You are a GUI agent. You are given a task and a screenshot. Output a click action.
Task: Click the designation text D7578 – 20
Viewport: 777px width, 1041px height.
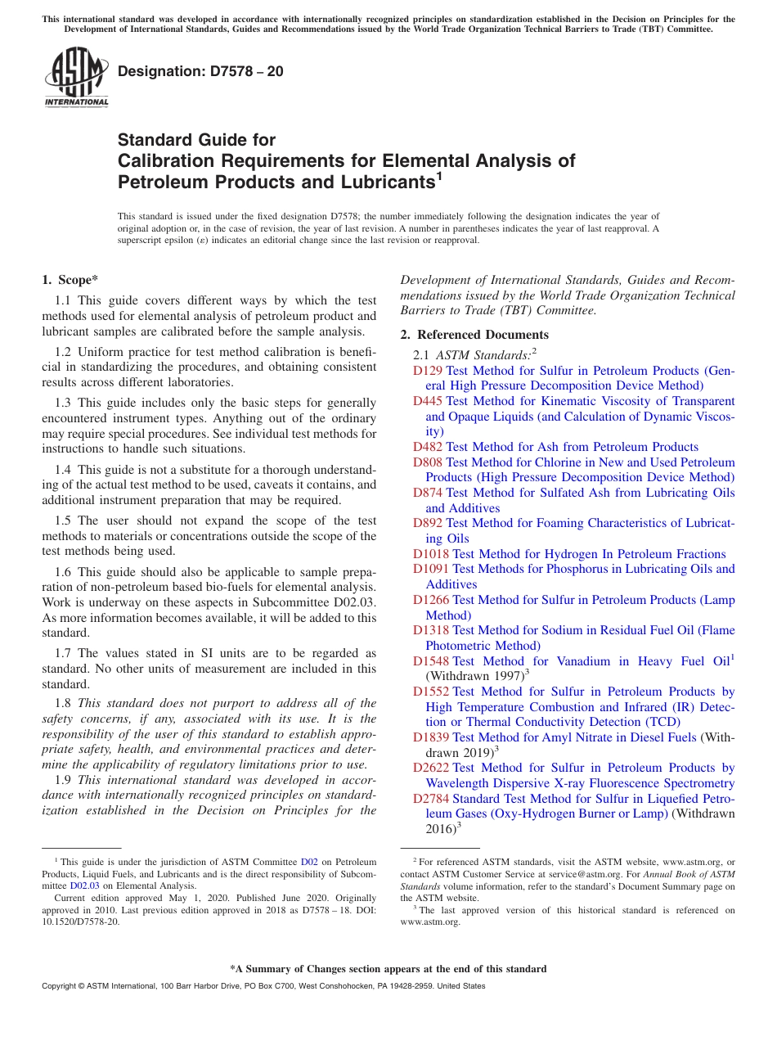click(x=201, y=71)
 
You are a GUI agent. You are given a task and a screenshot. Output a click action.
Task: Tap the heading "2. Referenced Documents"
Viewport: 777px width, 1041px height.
click(x=474, y=335)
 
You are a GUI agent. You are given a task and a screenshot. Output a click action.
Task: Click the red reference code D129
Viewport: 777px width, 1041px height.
click(x=427, y=371)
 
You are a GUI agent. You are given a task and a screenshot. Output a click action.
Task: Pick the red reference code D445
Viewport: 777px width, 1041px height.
click(x=427, y=401)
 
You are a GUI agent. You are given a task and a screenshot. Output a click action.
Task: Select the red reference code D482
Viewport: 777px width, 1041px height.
click(x=427, y=447)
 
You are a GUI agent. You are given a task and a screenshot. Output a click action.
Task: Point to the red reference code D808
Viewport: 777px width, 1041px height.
click(x=427, y=462)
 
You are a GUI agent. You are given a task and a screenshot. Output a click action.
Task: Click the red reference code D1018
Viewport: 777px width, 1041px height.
click(x=430, y=554)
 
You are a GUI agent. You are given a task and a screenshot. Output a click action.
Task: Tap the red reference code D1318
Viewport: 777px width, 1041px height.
click(x=430, y=630)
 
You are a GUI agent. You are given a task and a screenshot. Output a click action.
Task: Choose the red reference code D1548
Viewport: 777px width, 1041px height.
click(x=430, y=661)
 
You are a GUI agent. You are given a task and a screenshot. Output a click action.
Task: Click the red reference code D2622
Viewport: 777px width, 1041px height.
click(x=430, y=768)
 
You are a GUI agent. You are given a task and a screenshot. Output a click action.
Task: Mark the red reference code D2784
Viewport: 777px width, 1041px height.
click(x=430, y=799)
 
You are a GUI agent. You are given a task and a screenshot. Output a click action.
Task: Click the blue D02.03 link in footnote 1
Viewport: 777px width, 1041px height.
click(x=84, y=885)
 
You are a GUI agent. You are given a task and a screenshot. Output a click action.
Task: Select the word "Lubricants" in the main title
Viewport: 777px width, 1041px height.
click(x=370, y=181)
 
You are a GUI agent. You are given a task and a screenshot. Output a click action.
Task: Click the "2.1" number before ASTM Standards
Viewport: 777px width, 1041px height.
click(x=421, y=355)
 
